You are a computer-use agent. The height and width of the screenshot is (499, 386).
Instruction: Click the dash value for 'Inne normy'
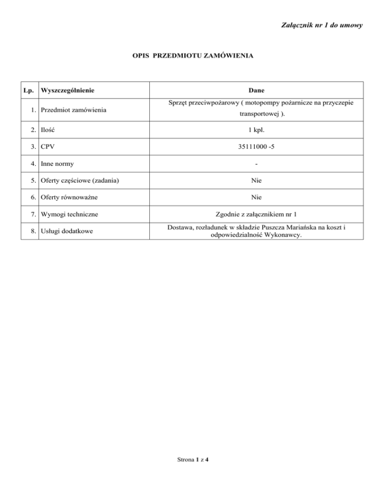click(257, 164)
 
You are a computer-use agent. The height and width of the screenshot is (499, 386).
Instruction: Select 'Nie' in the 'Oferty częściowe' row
click(257, 181)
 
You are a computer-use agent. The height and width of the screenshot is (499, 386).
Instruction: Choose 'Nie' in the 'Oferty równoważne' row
click(257, 198)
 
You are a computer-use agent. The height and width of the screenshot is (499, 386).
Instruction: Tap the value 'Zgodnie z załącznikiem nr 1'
click(257, 215)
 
